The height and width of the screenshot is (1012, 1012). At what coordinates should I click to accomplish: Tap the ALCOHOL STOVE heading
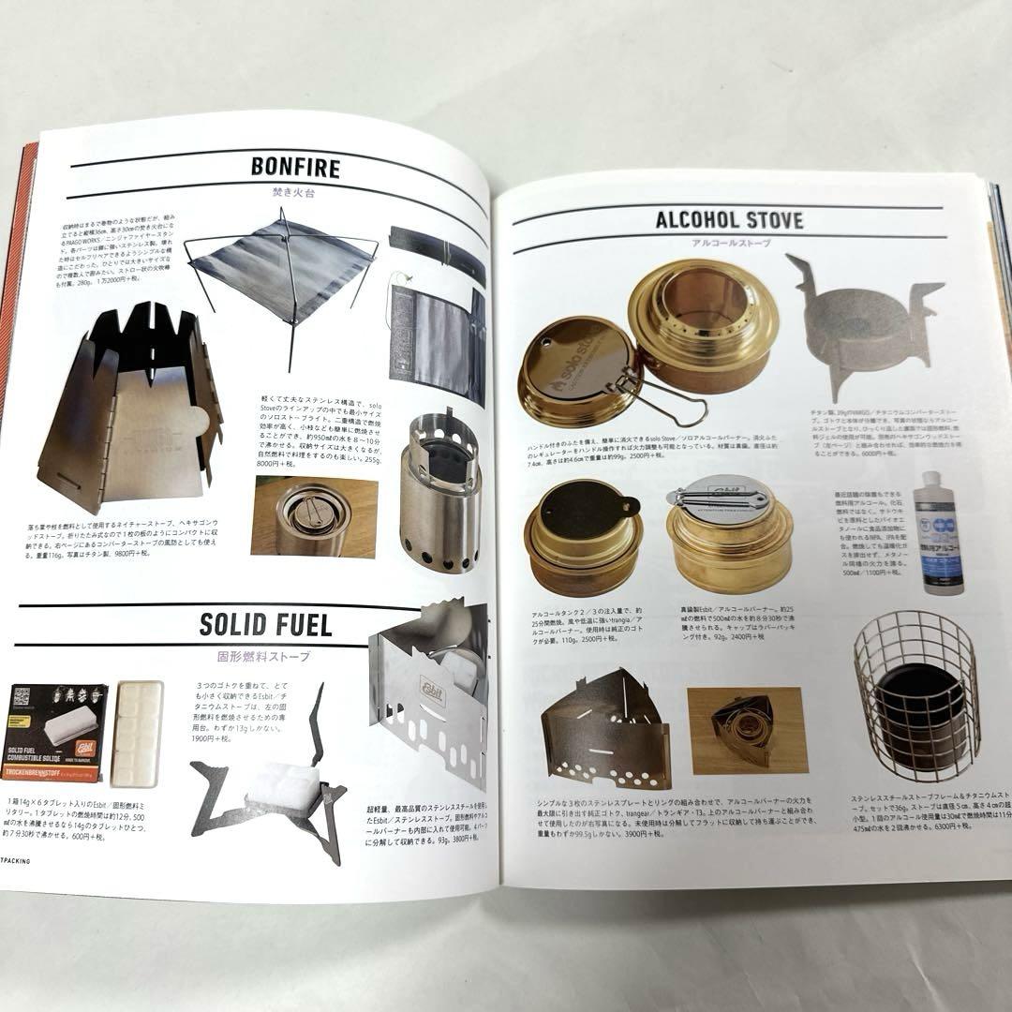click(x=729, y=221)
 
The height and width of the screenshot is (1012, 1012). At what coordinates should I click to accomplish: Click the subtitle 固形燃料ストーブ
click(x=265, y=655)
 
